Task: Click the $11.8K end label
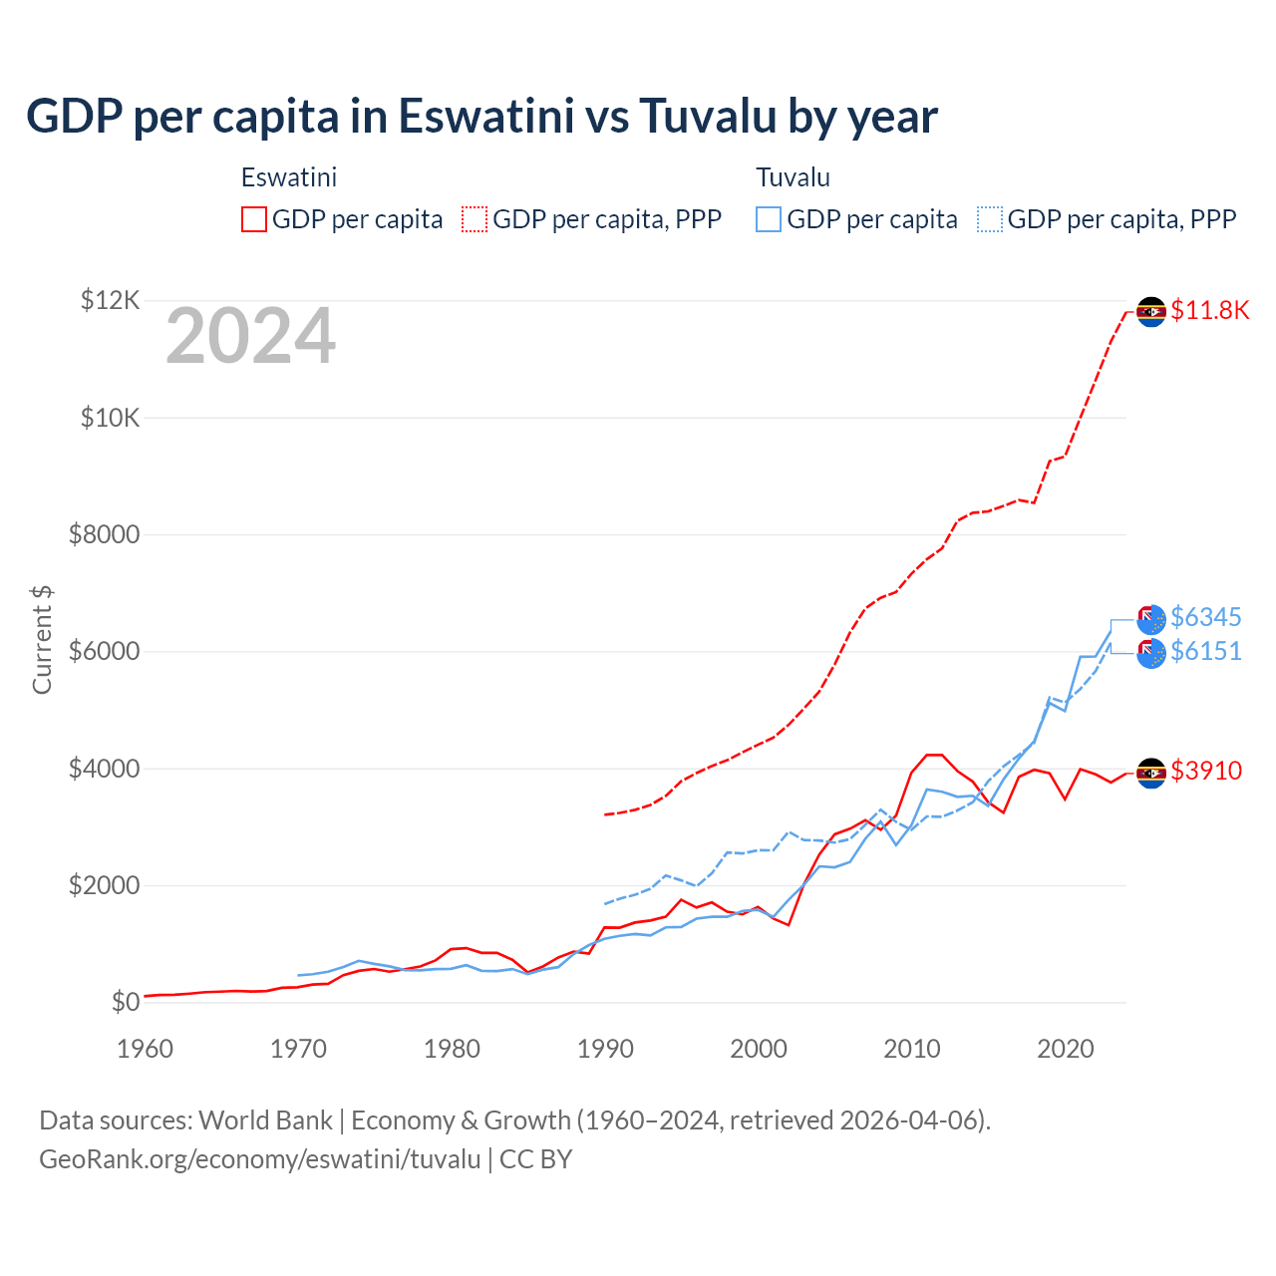(1209, 310)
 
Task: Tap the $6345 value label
(1205, 617)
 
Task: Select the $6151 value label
(1205, 651)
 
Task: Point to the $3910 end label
(1206, 771)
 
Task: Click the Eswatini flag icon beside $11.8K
(1151, 311)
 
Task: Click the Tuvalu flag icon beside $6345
(1151, 619)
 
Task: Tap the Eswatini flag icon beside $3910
(1151, 773)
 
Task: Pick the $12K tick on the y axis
(110, 300)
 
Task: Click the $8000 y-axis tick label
(104, 534)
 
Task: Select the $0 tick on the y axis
(125, 1002)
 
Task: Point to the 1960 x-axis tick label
(145, 1049)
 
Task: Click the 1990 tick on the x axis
(605, 1049)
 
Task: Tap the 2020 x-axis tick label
(1066, 1049)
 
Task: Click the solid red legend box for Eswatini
(254, 219)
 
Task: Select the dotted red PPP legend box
(475, 219)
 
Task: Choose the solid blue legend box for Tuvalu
(769, 219)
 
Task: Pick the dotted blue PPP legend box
(990, 219)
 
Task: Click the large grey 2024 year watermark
(250, 337)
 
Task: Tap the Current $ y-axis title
(42, 640)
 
